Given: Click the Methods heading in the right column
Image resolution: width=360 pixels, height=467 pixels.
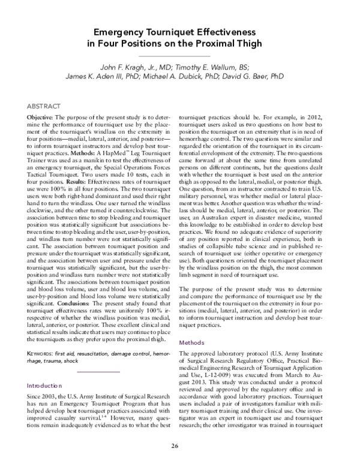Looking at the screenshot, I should pos(194,342).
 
